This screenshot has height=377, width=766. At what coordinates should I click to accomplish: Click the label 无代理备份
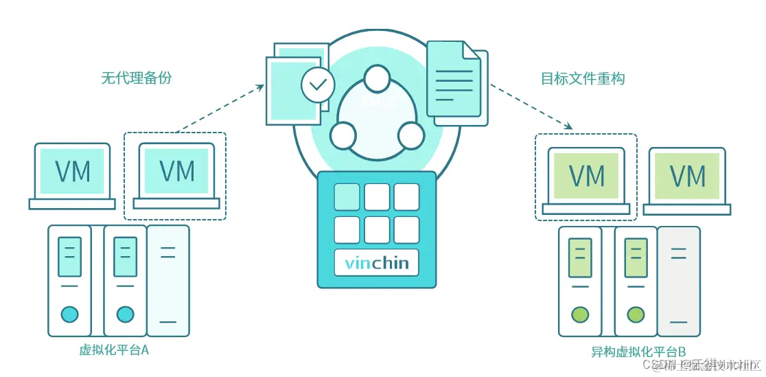[x=137, y=78]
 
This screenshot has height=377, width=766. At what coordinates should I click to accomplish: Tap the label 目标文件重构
[x=583, y=78]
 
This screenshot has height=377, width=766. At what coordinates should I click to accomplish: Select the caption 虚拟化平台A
[x=114, y=350]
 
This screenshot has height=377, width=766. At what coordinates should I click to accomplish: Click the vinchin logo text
[x=376, y=263]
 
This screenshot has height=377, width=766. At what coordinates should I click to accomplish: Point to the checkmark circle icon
[x=318, y=85]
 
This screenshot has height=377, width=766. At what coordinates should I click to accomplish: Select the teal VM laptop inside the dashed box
[x=176, y=174]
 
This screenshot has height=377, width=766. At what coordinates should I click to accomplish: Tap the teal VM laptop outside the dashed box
[x=72, y=174]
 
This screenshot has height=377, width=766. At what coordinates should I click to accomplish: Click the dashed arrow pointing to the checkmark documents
[x=220, y=107]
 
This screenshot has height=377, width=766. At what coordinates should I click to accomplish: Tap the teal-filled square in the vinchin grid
[x=347, y=196]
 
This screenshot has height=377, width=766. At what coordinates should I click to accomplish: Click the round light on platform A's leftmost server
[x=69, y=315]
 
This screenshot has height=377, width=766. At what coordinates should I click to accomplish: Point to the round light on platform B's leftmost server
[x=580, y=315]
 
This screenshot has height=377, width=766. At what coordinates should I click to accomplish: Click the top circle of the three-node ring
[x=377, y=79]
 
